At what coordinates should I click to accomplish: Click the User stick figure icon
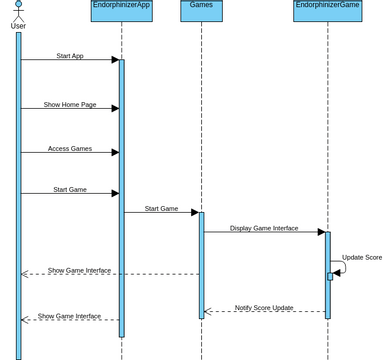coord(18,9)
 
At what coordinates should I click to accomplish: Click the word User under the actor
coord(18,26)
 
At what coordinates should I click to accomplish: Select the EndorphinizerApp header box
coord(121,10)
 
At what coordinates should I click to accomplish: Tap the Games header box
coord(201,10)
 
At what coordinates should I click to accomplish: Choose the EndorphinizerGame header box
coord(327,10)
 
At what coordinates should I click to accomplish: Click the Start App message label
coord(70,56)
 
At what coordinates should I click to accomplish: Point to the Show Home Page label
coord(70,104)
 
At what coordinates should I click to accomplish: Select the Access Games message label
coord(70,148)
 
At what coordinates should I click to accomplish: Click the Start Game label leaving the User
coord(70,189)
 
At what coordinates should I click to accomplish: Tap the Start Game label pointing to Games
coord(161,209)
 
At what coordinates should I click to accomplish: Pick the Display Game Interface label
coord(264,228)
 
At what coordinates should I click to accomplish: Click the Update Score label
coord(361,257)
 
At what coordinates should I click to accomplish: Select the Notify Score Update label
coord(264,307)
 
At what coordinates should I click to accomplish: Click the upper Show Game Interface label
coord(79,270)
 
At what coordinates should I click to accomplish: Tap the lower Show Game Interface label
coord(69,316)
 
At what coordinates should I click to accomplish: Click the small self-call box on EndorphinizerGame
coord(330,276)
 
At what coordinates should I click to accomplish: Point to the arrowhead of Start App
coord(115,60)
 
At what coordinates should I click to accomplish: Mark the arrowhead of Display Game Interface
coord(321,232)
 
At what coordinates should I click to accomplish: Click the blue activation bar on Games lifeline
coord(201,265)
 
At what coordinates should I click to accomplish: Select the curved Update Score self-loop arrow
coord(341,267)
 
